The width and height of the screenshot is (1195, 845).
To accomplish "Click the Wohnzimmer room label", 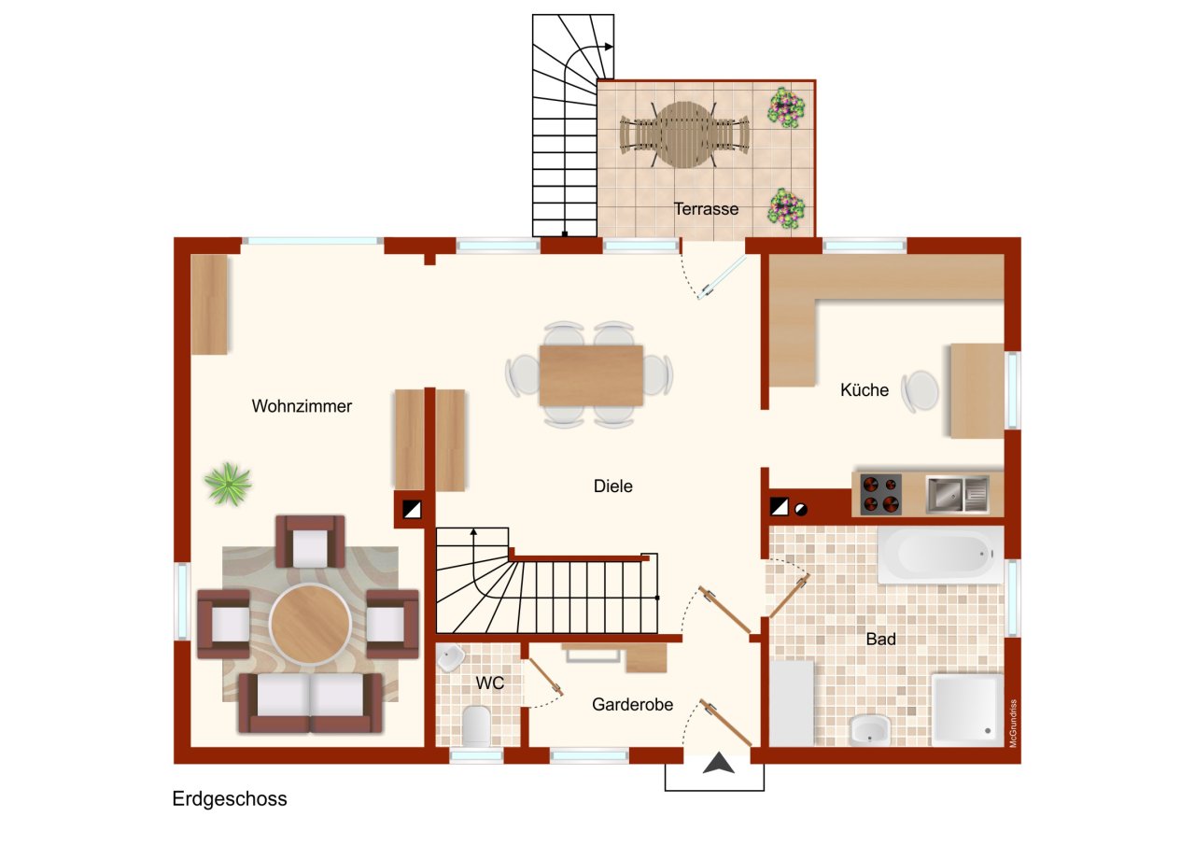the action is coord(302,406).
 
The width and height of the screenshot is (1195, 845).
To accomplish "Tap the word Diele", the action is coord(613,486).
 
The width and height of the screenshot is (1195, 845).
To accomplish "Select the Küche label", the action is coord(865,390).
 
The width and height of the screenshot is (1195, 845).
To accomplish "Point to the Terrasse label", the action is coord(706,208).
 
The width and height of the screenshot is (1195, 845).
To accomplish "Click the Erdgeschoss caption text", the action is coord(230,798).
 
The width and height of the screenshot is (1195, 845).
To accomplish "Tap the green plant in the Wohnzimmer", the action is coord(228,484).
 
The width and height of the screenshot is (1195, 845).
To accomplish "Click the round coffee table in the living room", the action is coord(310,624).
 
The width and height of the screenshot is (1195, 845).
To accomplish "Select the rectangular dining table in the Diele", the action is coord(591,375).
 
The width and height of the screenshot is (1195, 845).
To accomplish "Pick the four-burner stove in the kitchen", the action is coord(880,495).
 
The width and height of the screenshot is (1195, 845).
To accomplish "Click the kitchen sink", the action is coord(958,495).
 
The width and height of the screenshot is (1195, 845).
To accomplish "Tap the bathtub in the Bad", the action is coord(940,555).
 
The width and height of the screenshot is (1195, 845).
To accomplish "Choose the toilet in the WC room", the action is coord(476,726).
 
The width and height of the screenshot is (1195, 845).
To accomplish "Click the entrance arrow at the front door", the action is coord(718,763).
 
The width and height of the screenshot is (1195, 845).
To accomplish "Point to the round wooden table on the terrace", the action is coord(684,135).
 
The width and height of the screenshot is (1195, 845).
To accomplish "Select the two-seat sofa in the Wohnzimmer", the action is coord(310,702).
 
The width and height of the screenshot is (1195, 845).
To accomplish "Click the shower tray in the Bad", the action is coord(966,710).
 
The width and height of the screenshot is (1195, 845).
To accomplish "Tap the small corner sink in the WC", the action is coord(451,658).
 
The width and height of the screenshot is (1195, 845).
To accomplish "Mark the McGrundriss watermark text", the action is coord(1013,723).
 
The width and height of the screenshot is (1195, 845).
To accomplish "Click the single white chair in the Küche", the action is coord(920,391).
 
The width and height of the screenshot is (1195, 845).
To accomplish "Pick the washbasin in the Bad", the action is coord(869,730).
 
